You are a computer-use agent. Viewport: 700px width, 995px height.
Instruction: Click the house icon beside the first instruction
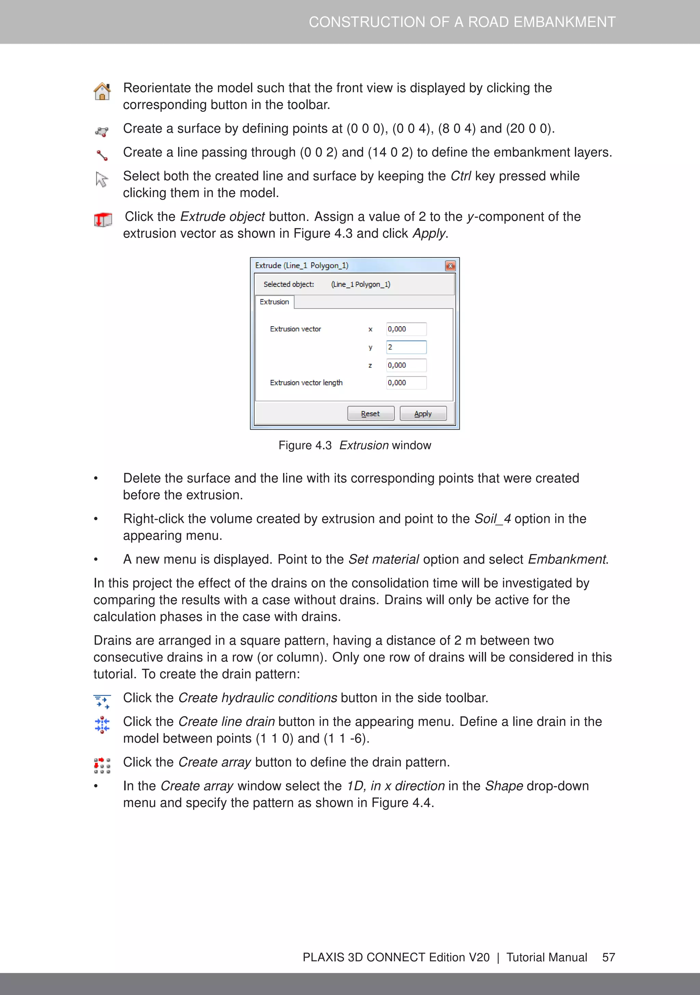pyautogui.click(x=102, y=91)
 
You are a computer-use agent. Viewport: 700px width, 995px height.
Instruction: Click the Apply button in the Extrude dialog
pyautogui.click(x=423, y=414)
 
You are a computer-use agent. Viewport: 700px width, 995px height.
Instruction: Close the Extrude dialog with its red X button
pyautogui.click(x=450, y=266)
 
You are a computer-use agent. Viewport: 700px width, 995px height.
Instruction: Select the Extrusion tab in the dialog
pyautogui.click(x=274, y=302)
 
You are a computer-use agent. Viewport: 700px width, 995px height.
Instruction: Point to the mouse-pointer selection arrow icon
pyautogui.click(x=102, y=179)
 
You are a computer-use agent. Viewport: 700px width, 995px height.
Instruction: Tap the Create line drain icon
pyautogui.click(x=102, y=724)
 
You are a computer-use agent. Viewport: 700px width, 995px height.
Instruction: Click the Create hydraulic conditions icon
pyautogui.click(x=102, y=701)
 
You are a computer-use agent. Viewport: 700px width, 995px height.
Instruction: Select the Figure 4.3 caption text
pyautogui.click(x=354, y=445)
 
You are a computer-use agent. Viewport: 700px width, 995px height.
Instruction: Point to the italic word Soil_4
pyautogui.click(x=493, y=519)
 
